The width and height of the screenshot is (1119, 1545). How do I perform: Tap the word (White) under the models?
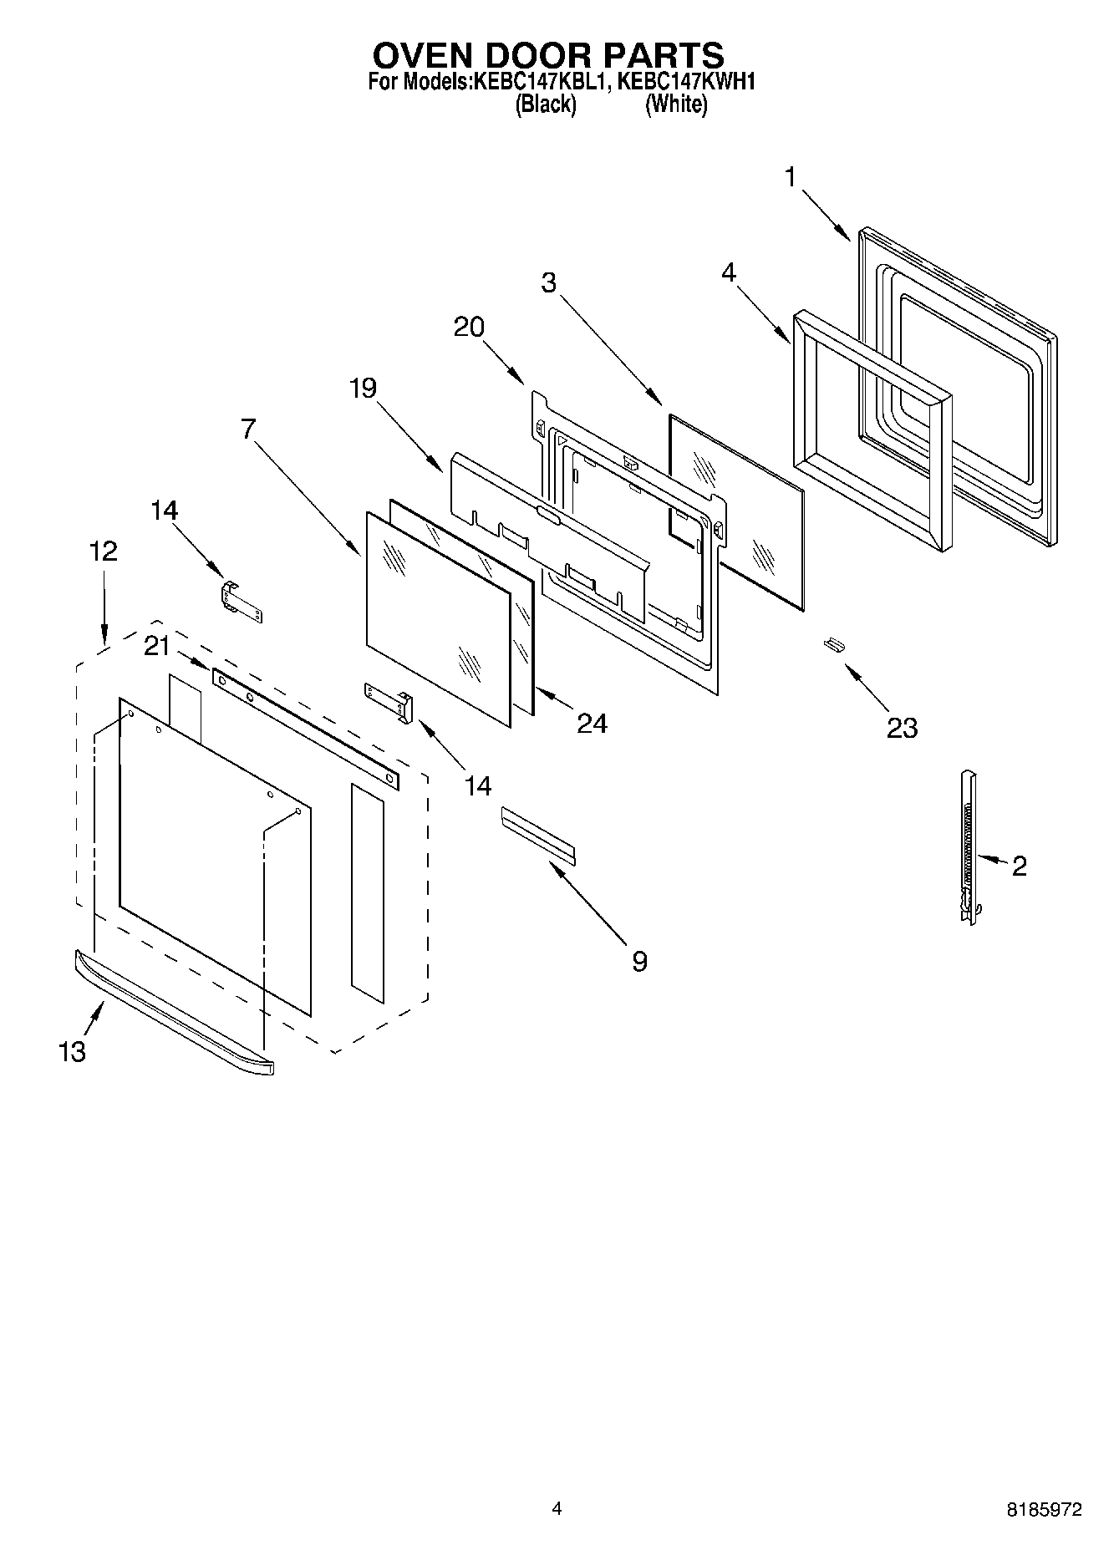[676, 105]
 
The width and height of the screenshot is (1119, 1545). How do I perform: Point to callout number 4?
[729, 272]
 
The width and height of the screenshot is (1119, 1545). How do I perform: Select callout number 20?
[469, 327]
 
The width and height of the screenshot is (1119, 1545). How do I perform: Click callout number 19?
[363, 389]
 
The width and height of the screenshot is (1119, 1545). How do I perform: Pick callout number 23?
[902, 728]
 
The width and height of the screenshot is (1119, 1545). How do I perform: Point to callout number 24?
[592, 723]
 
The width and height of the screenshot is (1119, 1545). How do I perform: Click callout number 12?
[104, 551]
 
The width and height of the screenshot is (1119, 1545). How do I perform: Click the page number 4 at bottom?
[557, 1508]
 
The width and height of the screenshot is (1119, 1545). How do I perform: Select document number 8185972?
[1044, 1509]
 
